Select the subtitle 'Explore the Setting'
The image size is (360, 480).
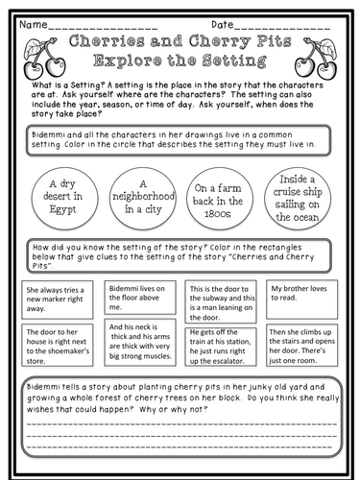(179, 63)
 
